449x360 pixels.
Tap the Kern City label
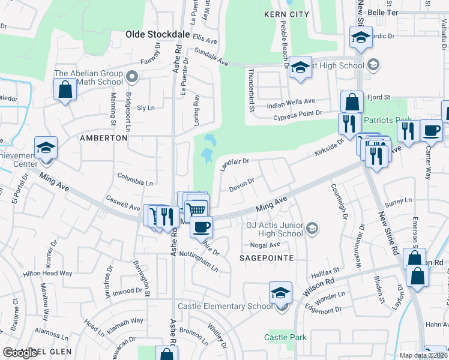[286, 14]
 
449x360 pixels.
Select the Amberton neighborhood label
[104, 138]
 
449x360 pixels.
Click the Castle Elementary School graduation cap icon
[280, 293]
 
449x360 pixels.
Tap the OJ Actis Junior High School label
[274, 229]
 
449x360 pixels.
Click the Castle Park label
[286, 337]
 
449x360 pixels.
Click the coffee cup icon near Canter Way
[432, 130]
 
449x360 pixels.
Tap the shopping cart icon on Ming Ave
[197, 209]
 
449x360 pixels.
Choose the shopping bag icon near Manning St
[65, 91]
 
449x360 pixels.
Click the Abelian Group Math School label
[88, 77]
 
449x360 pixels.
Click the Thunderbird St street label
[250, 89]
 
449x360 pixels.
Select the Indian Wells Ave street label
[291, 102]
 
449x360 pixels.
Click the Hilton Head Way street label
[47, 273]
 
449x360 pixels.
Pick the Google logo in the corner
[20, 353]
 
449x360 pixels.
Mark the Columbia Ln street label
[135, 181]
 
